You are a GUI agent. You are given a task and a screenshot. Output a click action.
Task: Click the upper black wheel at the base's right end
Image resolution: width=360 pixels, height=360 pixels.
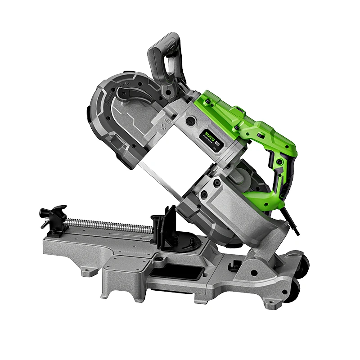(x=303, y=265)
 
